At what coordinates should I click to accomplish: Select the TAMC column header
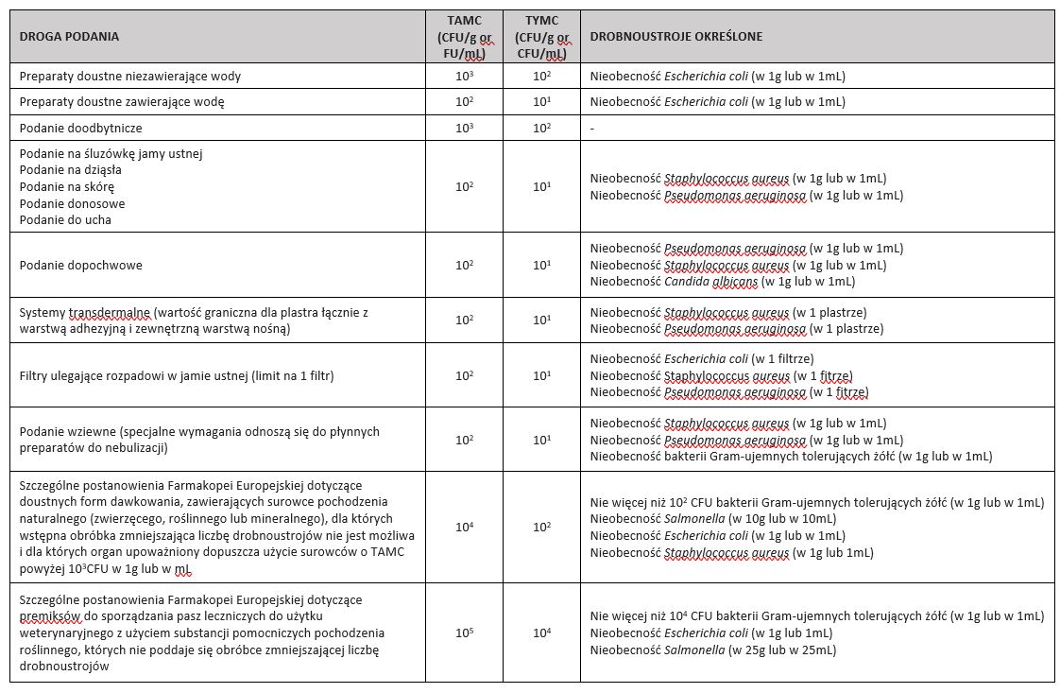tap(464, 36)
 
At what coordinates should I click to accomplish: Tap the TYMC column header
tap(542, 36)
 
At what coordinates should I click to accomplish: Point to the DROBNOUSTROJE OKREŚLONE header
tap(675, 36)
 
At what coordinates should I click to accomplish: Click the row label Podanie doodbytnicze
tap(80, 128)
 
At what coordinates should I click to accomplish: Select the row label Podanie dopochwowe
tap(80, 265)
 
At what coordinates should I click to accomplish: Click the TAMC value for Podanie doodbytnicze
tap(464, 128)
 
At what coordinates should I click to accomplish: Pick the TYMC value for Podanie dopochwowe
tap(542, 265)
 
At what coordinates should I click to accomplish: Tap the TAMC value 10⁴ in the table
tap(464, 527)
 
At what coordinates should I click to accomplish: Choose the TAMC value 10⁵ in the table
tap(464, 632)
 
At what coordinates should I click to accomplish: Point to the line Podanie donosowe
tap(72, 203)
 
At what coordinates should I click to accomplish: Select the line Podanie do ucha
tap(65, 219)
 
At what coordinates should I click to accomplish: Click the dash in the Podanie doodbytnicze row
tap(591, 128)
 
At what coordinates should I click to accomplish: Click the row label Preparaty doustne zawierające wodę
tap(122, 101)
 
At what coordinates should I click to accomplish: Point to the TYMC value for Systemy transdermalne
tap(542, 321)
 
